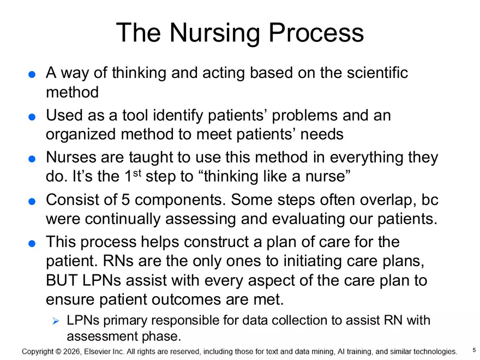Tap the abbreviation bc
429,200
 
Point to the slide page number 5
473,350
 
